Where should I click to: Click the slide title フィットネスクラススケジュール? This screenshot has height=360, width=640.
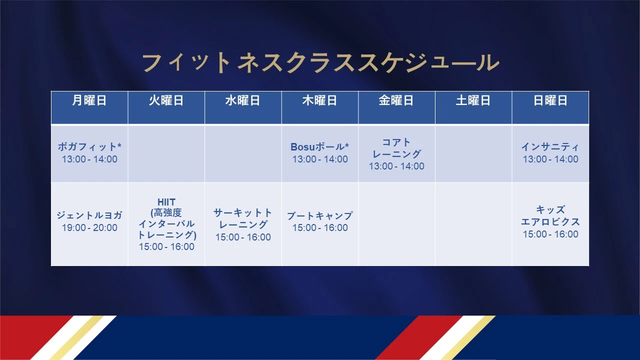click(320, 63)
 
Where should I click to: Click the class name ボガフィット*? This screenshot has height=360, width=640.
click(89, 146)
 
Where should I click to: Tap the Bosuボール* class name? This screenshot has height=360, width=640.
click(319, 146)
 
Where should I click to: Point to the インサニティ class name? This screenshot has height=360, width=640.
click(550, 146)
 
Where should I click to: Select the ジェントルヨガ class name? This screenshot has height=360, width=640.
click(89, 215)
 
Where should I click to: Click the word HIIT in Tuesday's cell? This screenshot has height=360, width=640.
click(166, 202)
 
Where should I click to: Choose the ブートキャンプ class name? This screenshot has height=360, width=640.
click(319, 215)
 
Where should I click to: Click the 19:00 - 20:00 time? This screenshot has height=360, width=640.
click(89, 227)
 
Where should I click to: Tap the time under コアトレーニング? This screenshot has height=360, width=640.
click(396, 166)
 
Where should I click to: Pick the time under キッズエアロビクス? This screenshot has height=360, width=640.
click(550, 234)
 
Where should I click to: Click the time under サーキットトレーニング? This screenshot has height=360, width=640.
click(243, 237)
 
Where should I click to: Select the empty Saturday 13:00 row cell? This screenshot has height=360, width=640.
click(473, 153)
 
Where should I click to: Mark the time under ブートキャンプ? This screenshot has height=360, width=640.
click(320, 227)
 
